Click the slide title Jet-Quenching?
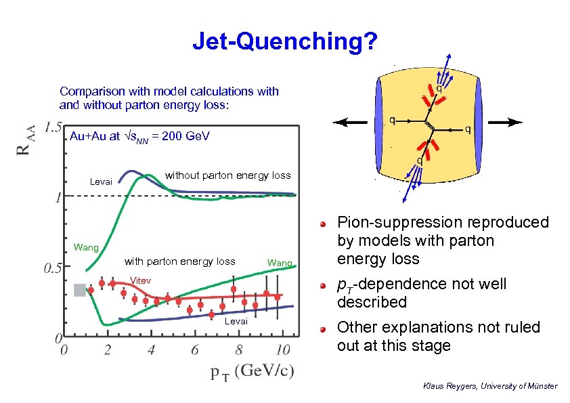(x=284, y=42)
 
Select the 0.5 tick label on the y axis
(x=53, y=268)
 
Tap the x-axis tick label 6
(x=195, y=350)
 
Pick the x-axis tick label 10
(x=283, y=350)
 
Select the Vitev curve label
(x=140, y=280)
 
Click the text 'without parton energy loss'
(x=227, y=175)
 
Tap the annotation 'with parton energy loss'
(x=179, y=261)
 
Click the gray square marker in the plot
(x=80, y=290)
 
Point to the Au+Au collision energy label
(x=140, y=137)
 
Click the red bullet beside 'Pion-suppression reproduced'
(x=325, y=223)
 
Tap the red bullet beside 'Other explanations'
(x=325, y=328)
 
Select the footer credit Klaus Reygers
(x=489, y=386)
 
